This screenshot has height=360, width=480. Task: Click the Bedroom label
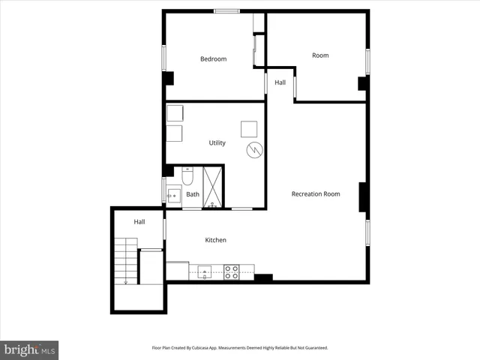[213, 59]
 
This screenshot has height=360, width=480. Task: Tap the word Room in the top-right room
[320, 55]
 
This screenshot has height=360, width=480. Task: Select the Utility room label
[217, 142]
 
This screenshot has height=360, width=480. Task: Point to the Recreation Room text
[316, 194]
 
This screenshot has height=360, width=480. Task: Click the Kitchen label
[216, 240]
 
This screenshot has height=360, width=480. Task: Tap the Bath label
[193, 195]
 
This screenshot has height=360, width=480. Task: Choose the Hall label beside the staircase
[139, 222]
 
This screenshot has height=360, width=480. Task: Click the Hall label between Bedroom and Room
[280, 82]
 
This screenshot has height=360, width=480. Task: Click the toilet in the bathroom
[187, 176]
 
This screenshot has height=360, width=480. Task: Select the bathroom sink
[173, 197]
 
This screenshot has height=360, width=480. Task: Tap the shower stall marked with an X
[214, 187]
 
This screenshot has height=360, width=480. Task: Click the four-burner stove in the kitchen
[232, 271]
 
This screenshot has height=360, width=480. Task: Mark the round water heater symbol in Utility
[254, 149]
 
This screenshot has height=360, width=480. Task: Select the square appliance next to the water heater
[249, 128]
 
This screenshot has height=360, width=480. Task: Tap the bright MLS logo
[29, 349]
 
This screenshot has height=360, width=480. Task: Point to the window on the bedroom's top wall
[226, 10]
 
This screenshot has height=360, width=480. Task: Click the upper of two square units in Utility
[175, 113]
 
